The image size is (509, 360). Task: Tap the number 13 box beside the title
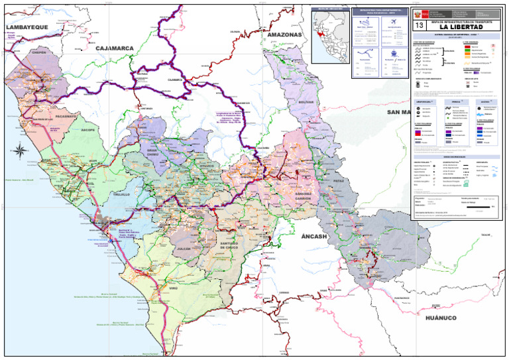(x=419, y=26)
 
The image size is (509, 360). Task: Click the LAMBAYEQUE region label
(x=27, y=27)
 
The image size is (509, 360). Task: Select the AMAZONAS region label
(x=284, y=34)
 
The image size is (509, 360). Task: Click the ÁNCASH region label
(x=314, y=237)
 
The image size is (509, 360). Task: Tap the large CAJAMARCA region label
(x=115, y=48)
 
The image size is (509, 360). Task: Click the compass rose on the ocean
(x=20, y=150)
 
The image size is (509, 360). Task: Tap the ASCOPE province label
(x=88, y=131)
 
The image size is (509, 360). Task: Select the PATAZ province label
(x=340, y=178)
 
